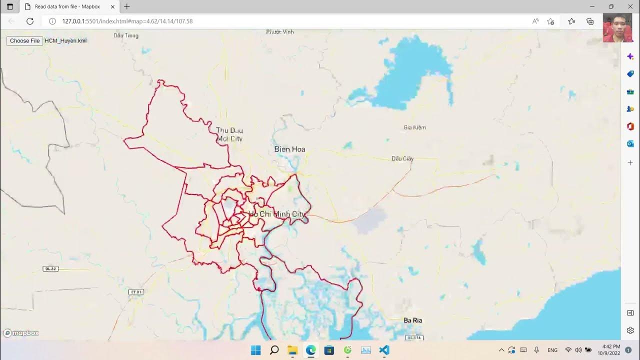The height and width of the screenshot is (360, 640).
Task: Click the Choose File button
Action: point(24,41)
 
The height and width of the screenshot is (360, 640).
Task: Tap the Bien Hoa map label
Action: point(289,149)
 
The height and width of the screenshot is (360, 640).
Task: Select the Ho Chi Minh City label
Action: point(276,214)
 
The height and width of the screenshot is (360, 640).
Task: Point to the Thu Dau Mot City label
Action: point(229,134)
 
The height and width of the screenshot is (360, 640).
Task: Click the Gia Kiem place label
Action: point(414,127)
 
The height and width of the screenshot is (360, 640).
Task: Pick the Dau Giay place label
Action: point(402,158)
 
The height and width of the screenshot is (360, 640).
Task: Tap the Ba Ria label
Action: point(413,320)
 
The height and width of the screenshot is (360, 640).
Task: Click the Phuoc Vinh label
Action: point(280,32)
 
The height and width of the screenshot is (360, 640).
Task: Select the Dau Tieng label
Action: point(126,35)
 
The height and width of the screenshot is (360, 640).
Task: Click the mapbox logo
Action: point(21,333)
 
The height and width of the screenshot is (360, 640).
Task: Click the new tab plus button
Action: point(127,6)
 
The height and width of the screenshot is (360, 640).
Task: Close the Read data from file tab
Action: point(112,7)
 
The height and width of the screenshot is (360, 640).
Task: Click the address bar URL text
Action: point(127,21)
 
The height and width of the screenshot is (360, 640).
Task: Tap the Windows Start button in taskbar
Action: point(255,350)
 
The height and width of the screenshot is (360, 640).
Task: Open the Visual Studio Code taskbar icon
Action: point(384,350)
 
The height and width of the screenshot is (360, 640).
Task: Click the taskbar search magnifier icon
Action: point(274,350)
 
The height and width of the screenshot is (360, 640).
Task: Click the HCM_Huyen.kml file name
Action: point(65,41)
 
